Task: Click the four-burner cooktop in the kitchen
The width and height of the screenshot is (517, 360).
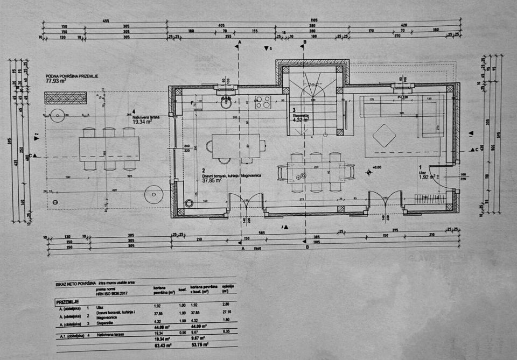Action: pos(262,101)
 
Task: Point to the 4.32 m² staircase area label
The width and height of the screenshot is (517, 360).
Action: pos(301,120)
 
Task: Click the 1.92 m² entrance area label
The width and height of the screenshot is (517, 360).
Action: pos(427,176)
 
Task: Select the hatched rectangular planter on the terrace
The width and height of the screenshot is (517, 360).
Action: pos(66,98)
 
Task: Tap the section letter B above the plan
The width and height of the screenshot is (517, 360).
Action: pos(304,41)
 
